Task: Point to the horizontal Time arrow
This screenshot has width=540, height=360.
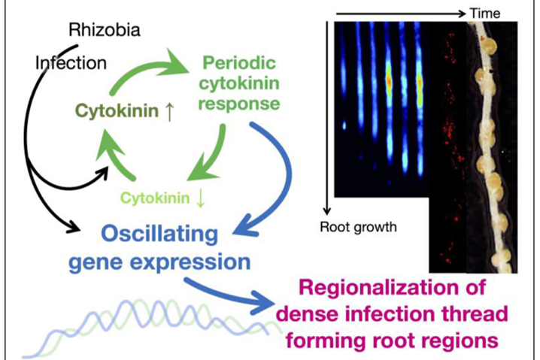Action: point(399,13)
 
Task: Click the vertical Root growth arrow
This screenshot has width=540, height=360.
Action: point(326,120)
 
